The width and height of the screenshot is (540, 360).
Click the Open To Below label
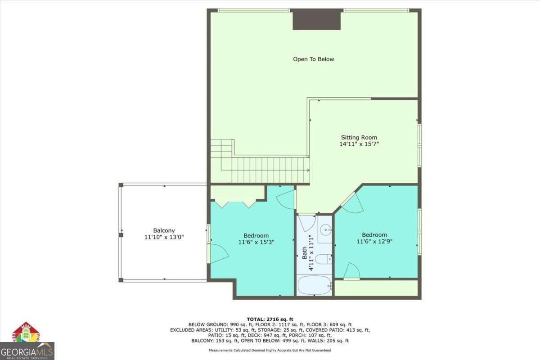point(313,59)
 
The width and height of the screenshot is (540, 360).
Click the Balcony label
point(164,230)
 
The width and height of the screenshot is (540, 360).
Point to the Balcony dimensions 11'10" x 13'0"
point(164,237)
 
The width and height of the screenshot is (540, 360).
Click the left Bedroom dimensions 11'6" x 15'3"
point(256,242)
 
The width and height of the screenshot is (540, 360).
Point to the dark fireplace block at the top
point(316,19)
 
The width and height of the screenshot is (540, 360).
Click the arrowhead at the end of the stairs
point(307,170)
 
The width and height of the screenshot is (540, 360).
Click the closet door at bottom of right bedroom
point(352,271)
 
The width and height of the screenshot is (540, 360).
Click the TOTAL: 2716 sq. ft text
point(270,319)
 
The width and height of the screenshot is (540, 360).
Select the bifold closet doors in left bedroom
point(235,203)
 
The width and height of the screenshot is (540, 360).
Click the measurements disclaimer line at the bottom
point(270,350)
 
